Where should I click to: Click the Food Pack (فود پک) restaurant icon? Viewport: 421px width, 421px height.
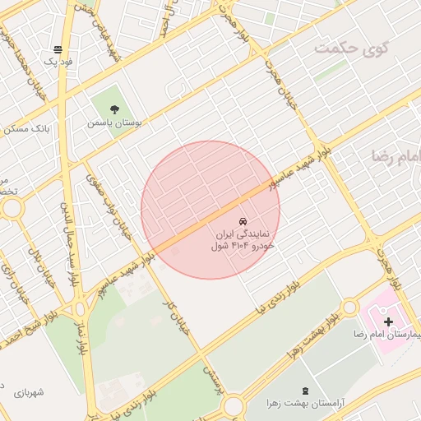pyautogui.click(x=58, y=50)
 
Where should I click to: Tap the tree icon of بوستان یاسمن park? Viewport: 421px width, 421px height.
pyautogui.click(x=113, y=109)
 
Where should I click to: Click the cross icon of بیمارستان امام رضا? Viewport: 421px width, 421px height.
pyautogui.click(x=388, y=321)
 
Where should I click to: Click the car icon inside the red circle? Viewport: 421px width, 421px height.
pyautogui.click(x=243, y=222)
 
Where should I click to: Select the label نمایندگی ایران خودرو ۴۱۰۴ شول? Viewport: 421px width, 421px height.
pyautogui.click(x=243, y=239)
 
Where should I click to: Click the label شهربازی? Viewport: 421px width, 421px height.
pyautogui.click(x=28, y=393)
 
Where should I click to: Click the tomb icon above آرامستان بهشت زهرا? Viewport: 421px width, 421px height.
pyautogui.click(x=306, y=389)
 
